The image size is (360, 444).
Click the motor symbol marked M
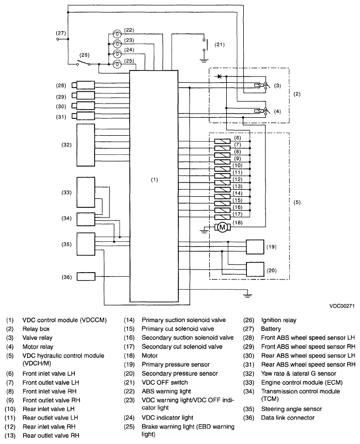222,227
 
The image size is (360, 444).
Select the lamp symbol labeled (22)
117,34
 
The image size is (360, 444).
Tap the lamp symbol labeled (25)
117,65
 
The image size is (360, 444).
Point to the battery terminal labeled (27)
58,39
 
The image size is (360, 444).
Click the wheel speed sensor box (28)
83,85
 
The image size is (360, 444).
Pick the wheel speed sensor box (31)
83,116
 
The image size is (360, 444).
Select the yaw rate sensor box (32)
85,145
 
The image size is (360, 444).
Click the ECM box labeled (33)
85,193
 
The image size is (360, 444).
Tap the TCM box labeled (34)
85,220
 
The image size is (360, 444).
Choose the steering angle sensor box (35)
85,244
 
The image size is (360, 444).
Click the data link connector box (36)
86,277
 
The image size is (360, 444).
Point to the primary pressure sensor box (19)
255,247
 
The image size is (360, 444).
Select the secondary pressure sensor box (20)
255,269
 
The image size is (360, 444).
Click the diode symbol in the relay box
219,76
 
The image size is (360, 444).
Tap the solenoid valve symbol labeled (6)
222,141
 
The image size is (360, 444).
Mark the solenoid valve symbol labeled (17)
222,217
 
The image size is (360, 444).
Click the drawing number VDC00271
342,306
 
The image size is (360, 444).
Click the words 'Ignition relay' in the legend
279,320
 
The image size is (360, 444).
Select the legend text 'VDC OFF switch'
165,382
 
